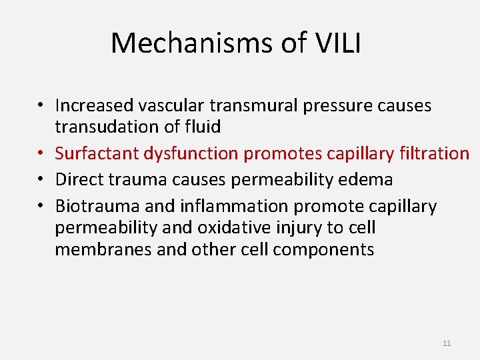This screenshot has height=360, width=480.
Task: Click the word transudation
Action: (x=113, y=127)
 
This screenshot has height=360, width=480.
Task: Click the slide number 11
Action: (x=447, y=343)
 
